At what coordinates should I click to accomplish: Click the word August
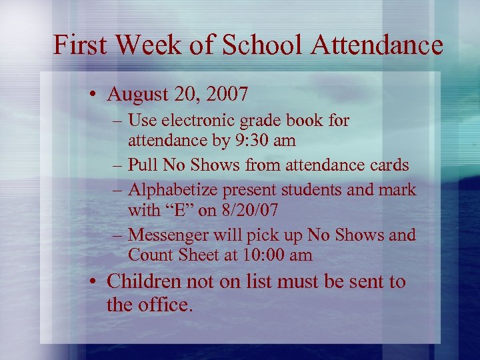coord(137,94)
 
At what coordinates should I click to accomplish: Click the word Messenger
coord(169,235)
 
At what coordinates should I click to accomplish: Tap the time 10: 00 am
coord(270,255)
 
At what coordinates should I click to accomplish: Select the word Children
coord(143,282)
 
